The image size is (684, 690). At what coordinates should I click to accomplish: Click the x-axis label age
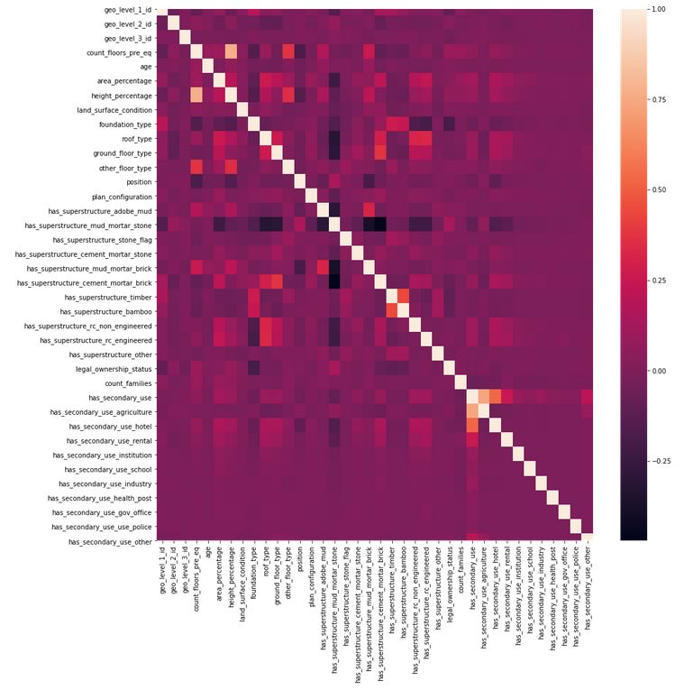pos(209,558)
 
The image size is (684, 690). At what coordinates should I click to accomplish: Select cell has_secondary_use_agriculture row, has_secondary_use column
pos(473,411)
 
